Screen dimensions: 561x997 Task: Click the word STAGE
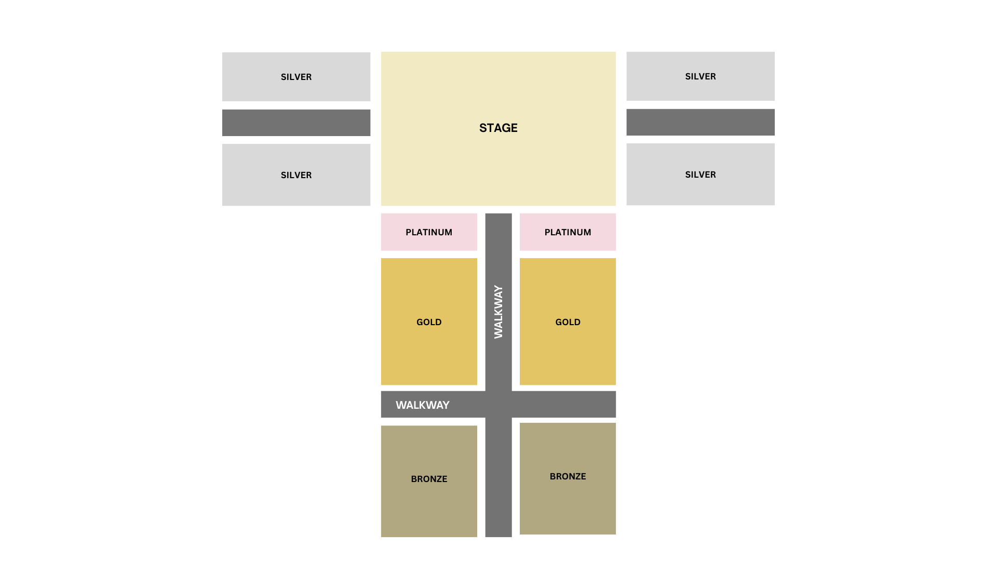(x=498, y=128)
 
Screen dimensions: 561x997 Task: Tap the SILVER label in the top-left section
(x=296, y=77)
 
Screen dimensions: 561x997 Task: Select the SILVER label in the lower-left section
(x=296, y=175)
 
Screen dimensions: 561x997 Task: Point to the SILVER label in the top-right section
(x=700, y=76)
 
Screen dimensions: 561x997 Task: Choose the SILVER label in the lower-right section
(x=700, y=175)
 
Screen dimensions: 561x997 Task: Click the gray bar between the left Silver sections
(x=296, y=123)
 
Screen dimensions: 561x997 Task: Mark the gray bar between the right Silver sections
(x=700, y=122)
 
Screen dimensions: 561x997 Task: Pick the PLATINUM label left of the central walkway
(x=429, y=232)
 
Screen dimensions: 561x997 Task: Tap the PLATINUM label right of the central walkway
(x=568, y=232)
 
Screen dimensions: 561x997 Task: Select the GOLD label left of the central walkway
(x=429, y=322)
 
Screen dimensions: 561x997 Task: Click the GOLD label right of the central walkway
(x=568, y=322)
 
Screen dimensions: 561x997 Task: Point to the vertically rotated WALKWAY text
(x=498, y=312)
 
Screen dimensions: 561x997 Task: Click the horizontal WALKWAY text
(x=422, y=405)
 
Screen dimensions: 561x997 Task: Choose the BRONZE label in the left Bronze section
(x=429, y=479)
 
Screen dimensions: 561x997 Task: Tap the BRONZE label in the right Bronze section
(x=568, y=476)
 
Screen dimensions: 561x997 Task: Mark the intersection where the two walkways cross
(x=498, y=404)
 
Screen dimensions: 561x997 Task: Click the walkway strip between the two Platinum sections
(x=498, y=232)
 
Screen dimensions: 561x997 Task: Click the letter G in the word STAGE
(x=505, y=128)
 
